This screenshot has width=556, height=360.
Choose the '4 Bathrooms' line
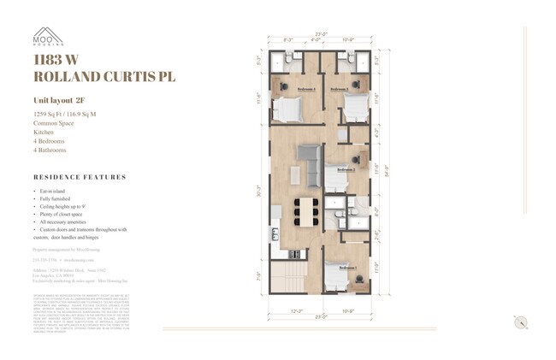click(x=50, y=150)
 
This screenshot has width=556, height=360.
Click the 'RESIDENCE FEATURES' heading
click(x=80, y=178)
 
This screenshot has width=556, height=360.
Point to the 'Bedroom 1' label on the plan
click(x=341, y=268)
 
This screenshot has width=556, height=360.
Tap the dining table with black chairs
click(x=305, y=210)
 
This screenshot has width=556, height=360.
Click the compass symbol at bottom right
click(x=519, y=322)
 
